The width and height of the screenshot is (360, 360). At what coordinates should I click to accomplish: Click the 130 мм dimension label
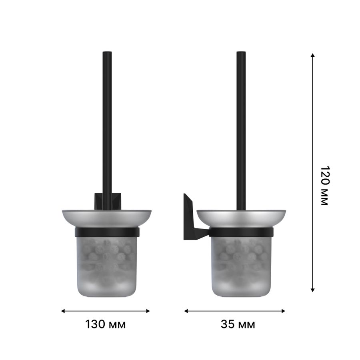105,324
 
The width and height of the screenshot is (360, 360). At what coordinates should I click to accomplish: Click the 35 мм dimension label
238,324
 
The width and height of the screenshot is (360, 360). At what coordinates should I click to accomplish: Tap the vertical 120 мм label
325,185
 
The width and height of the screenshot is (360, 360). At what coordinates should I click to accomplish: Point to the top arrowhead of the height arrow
312,55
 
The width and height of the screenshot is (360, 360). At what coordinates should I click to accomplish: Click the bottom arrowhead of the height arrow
312,290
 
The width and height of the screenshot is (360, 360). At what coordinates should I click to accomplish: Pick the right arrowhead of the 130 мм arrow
148,311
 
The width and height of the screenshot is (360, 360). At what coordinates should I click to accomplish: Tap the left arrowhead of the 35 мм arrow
186,311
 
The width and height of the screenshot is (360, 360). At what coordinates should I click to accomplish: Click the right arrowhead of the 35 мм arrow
283,311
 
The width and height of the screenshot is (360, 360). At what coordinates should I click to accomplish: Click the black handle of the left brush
107,130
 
